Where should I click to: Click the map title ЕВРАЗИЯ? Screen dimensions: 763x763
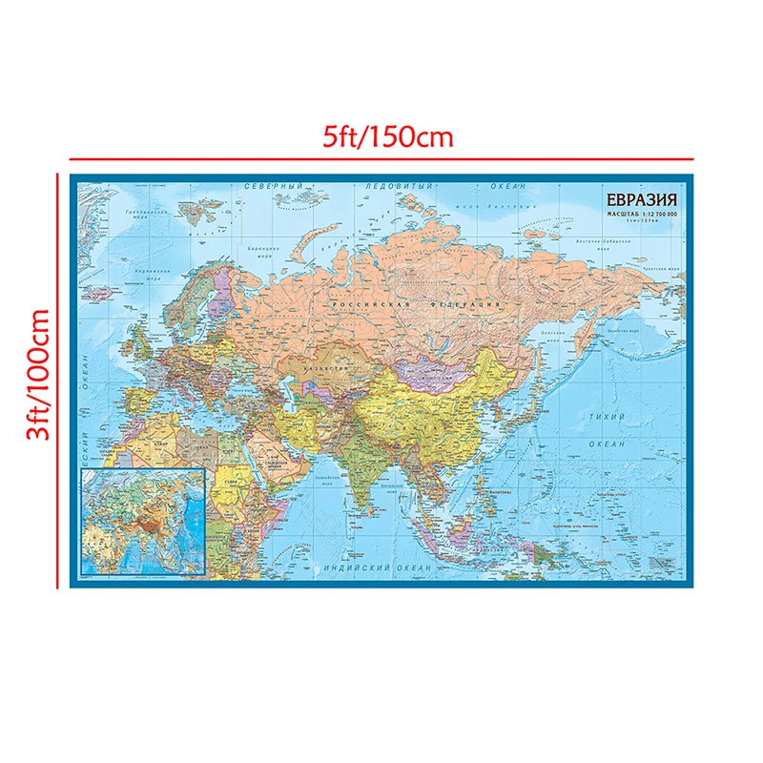point(639,200)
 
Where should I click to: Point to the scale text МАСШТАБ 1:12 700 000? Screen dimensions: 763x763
point(639,216)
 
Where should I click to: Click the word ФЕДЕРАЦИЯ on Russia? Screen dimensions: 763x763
point(475,304)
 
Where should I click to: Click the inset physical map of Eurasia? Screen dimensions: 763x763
point(143,523)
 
